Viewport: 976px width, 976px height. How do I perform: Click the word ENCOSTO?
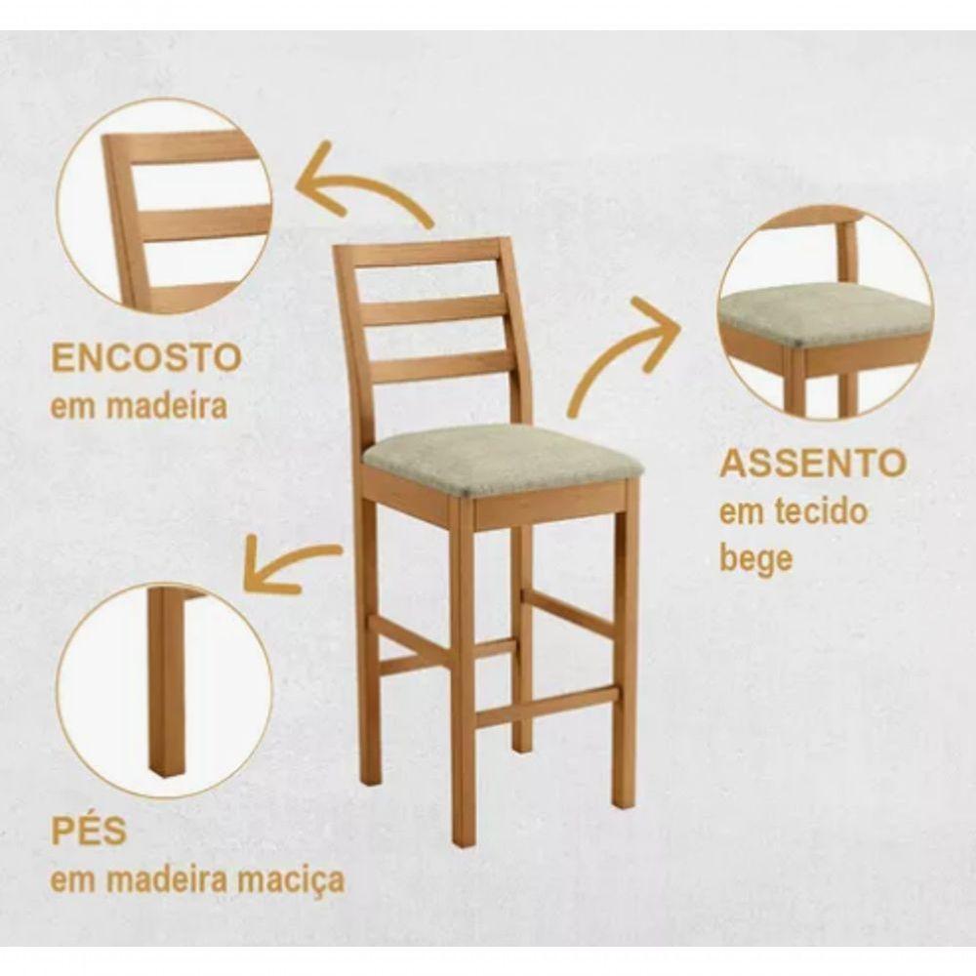click(145, 357)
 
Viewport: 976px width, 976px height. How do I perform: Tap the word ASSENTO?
click(812, 463)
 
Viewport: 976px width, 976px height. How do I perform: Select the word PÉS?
click(89, 833)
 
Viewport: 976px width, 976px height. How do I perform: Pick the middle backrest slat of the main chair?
click(434, 311)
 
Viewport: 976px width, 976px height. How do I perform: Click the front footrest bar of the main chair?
click(547, 707)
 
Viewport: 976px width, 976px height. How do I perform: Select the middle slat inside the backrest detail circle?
click(200, 223)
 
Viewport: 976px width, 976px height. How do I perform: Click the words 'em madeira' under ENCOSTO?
click(139, 405)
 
